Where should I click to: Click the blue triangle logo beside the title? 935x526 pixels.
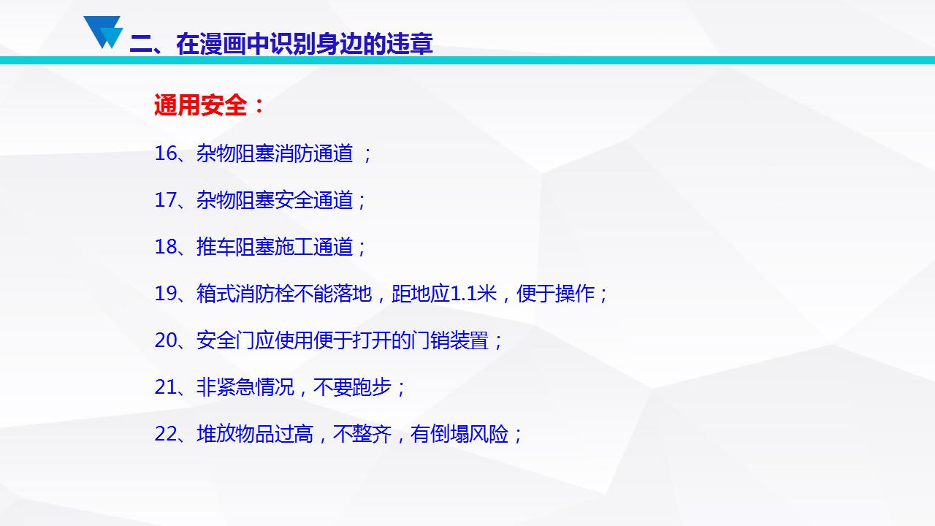[x=103, y=32]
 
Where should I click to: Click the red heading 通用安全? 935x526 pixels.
[x=200, y=104]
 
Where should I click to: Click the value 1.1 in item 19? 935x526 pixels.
[x=463, y=294]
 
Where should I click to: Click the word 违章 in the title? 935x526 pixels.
[x=410, y=44]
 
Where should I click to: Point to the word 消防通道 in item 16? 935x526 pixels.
[x=314, y=153]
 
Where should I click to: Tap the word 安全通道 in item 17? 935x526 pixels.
[x=314, y=200]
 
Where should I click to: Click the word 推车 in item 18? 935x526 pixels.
[x=215, y=247]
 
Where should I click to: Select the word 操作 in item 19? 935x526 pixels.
[x=575, y=294]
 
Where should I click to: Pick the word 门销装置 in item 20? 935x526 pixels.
[x=450, y=340]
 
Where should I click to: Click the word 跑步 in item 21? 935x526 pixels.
[x=372, y=387]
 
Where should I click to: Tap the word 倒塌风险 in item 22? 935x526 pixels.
[x=470, y=434]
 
